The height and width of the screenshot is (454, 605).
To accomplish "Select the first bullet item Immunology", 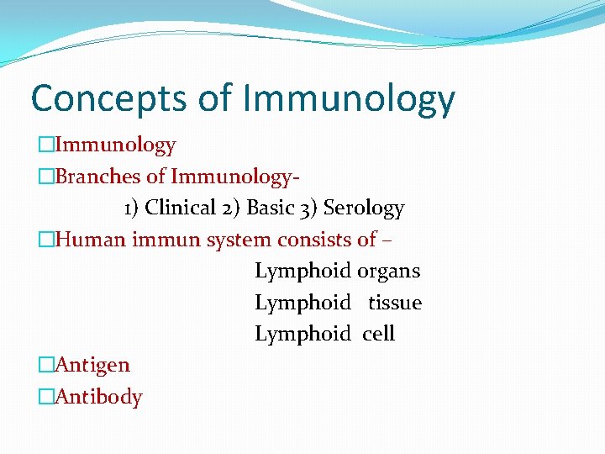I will tap(114, 145).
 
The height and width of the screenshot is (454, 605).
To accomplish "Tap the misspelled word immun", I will tap(165, 240).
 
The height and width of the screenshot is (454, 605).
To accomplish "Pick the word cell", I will tap(379, 334).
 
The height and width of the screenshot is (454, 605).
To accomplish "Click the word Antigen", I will tap(92, 366).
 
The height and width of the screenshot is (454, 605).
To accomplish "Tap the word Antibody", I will tap(97, 397).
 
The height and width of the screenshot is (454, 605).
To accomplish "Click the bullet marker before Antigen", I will tap(45, 366).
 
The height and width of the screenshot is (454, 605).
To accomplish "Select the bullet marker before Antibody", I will tap(45, 397).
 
